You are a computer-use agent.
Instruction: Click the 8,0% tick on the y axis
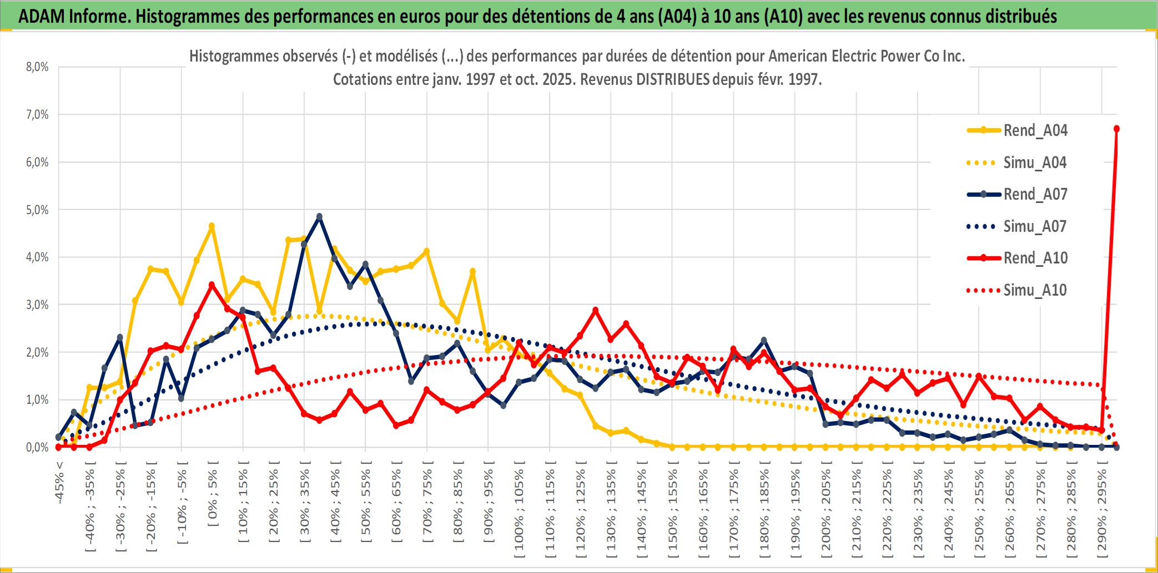tap(37, 67)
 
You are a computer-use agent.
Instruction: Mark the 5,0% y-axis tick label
tap(37, 210)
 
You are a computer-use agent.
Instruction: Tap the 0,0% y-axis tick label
tap(37, 447)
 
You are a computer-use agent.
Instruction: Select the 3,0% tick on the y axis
tap(37, 305)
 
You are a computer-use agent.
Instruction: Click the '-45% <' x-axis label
tap(59, 483)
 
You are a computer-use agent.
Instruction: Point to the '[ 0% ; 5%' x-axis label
tap(213, 498)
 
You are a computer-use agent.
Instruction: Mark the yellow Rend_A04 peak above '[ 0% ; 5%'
tap(212, 226)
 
